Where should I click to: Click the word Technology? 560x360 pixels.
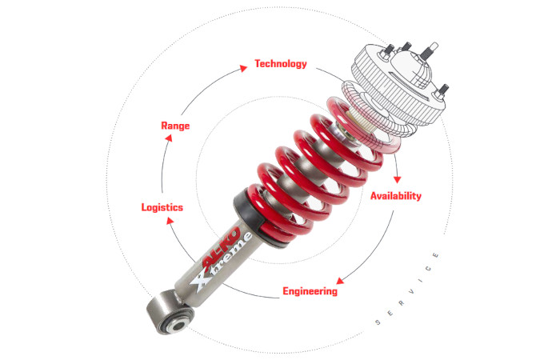(281, 64)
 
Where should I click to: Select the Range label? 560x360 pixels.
(175, 126)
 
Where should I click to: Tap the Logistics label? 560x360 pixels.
(162, 207)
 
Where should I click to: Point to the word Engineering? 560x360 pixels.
(310, 291)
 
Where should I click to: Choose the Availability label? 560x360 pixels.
(396, 196)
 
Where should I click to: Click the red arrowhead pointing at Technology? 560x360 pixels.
(243, 68)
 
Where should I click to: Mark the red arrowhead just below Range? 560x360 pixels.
(169, 138)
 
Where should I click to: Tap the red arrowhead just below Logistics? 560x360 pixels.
(170, 221)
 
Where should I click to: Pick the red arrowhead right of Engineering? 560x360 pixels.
(340, 281)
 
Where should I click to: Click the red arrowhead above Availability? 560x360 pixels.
(397, 179)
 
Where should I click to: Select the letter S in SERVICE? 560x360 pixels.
(378, 322)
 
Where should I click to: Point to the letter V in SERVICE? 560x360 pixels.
(412, 292)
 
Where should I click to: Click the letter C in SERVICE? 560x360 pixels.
(429, 268)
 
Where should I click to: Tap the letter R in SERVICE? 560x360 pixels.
(402, 303)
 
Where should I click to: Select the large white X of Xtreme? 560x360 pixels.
(202, 280)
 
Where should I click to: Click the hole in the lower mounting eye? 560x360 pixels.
(178, 326)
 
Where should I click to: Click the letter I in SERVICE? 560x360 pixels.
(421, 281)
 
